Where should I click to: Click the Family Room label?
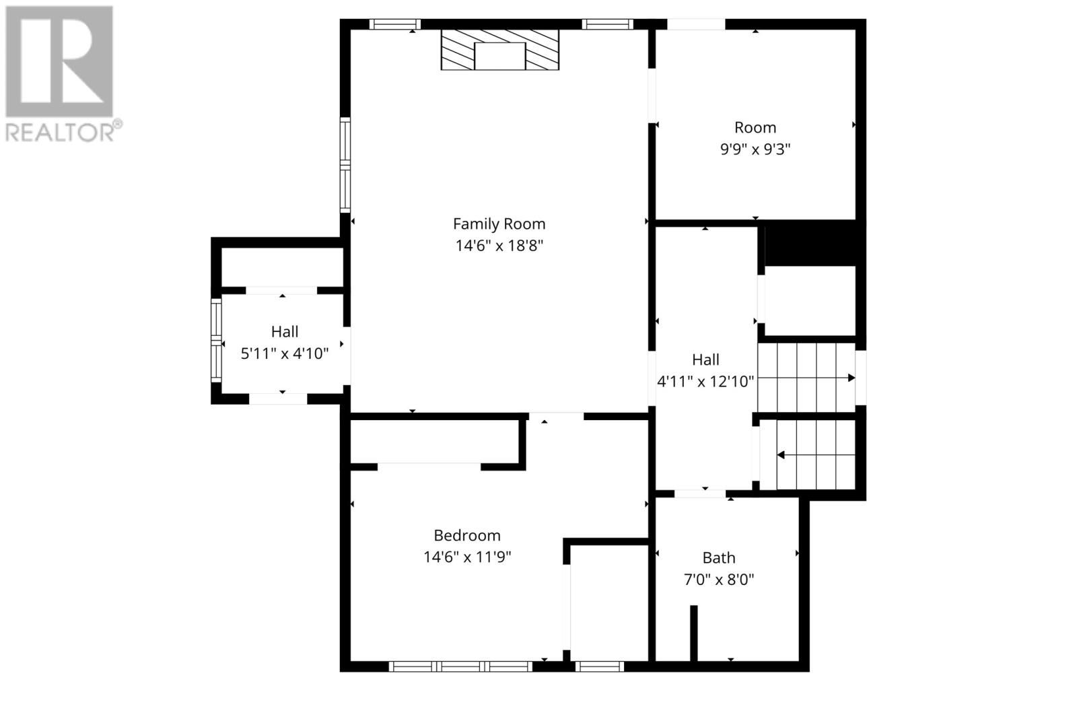[x=499, y=224]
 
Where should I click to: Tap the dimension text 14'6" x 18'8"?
[x=499, y=246]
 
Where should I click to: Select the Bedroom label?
[x=467, y=535]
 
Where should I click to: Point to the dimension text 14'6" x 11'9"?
[x=467, y=557]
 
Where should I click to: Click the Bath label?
[x=719, y=557]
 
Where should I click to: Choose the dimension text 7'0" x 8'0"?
[x=719, y=580]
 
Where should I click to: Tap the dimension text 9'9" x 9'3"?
[x=755, y=149]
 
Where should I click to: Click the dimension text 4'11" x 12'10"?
[x=705, y=382]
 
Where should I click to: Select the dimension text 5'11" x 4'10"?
[x=285, y=354]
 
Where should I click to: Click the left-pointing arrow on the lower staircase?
[x=816, y=455]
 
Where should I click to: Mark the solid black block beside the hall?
[x=810, y=243]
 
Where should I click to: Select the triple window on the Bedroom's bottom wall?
[x=460, y=666]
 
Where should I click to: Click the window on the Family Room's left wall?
[x=345, y=165]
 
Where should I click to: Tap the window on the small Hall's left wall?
[x=216, y=341]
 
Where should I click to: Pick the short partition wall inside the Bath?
[x=694, y=633]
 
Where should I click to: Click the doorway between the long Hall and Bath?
[x=699, y=493]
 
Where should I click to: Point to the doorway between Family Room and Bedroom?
[x=556, y=416]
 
